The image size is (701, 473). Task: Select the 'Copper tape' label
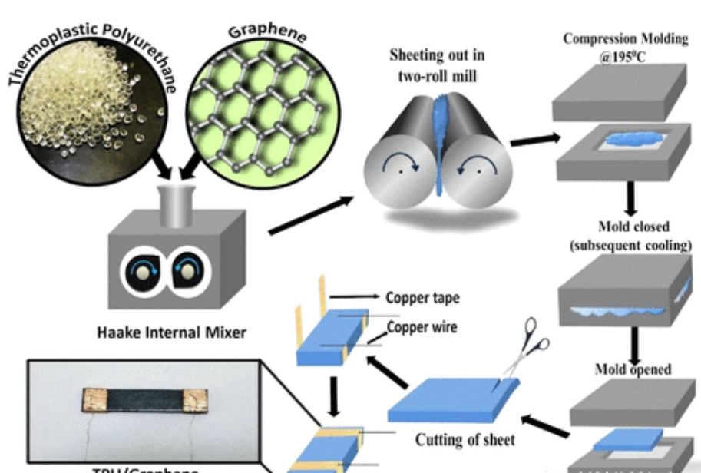(422, 297)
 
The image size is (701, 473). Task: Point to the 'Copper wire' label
(422, 327)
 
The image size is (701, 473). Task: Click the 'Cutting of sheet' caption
(465, 440)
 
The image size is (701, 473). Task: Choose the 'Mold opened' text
(633, 369)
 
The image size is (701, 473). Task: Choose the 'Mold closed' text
(633, 227)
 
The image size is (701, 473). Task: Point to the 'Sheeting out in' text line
(437, 56)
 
